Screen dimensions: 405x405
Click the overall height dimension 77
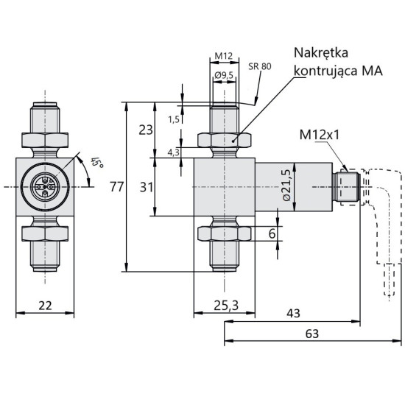pos(116,187)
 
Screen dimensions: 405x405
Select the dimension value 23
pos(145,130)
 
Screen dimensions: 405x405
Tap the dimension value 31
pos(145,186)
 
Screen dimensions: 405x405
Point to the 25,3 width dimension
pos(223,306)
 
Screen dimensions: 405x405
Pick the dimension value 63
pos(312,334)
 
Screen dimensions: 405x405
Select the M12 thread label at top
pos(224,56)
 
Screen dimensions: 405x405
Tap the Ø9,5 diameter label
pos(224,74)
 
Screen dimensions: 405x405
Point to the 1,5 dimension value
pos(174,119)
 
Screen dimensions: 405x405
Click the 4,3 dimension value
pos(174,152)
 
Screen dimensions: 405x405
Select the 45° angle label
pos(95,163)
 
